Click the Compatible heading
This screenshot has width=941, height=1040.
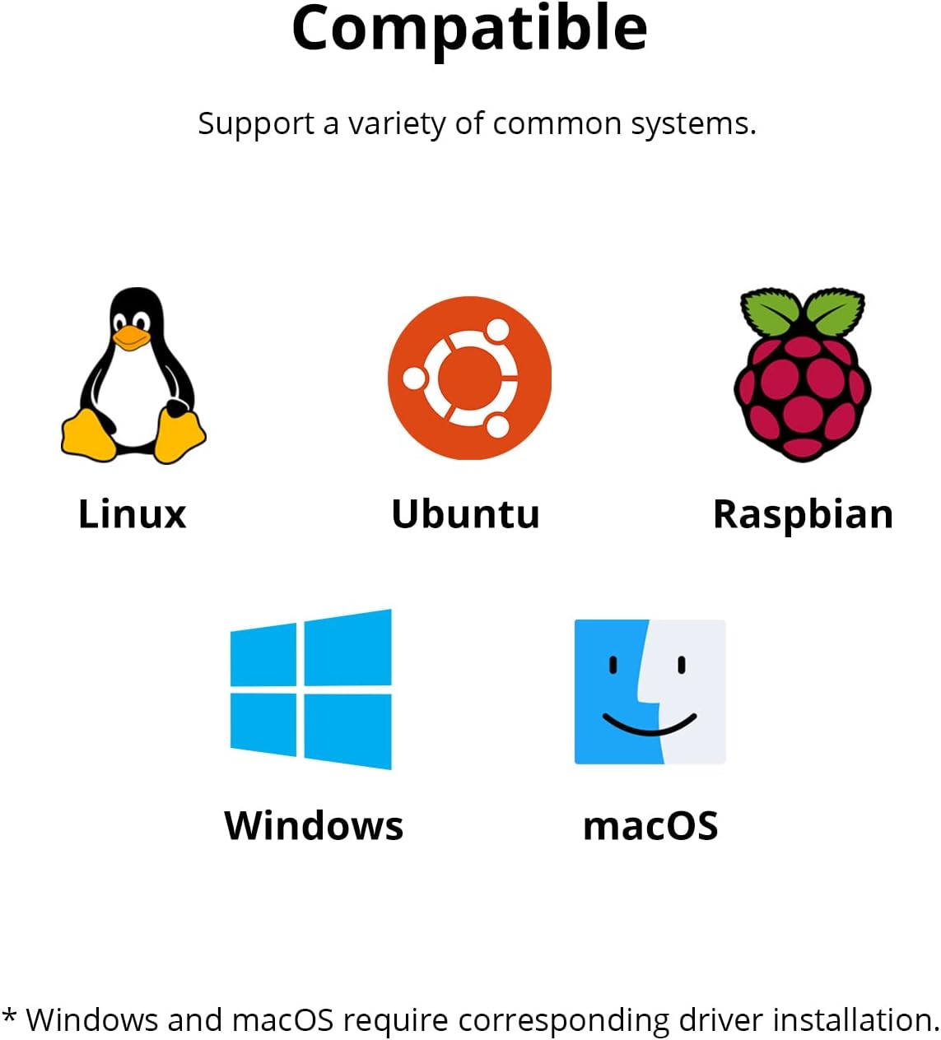[x=469, y=29]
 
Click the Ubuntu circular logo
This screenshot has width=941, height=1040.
[x=469, y=378]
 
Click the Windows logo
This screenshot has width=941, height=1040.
[x=311, y=689]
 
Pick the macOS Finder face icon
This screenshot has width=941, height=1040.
[x=650, y=691]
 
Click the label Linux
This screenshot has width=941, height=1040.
[x=132, y=514]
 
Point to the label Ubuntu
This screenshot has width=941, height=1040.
[x=465, y=514]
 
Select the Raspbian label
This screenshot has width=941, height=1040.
[x=803, y=515]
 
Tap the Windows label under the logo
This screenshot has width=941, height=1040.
[x=314, y=825]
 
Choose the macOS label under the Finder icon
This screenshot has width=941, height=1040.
[x=650, y=826]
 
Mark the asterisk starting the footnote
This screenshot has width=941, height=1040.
[x=9, y=1017]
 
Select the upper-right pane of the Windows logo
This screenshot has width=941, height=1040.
[x=348, y=648]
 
